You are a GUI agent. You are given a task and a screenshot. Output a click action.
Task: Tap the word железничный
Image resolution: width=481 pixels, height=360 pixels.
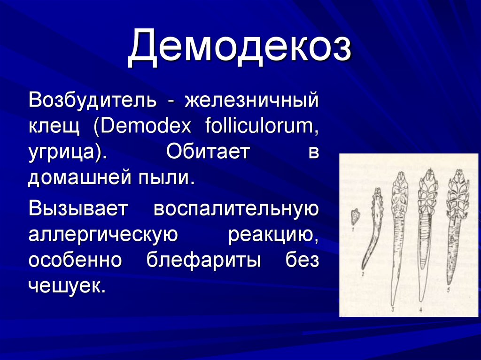pos(251,100)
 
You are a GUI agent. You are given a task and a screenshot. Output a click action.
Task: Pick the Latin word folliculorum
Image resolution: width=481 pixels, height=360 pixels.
pos(262,127)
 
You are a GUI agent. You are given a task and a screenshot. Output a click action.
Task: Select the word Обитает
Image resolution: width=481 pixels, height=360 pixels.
pos(207,153)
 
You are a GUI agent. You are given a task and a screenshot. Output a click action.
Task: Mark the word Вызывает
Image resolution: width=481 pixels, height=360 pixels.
pos(78,208)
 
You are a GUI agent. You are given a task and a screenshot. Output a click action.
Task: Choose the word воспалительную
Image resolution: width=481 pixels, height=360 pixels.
pos(236,208)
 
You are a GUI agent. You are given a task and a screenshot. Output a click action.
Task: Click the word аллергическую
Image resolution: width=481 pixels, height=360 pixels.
pos(103,234)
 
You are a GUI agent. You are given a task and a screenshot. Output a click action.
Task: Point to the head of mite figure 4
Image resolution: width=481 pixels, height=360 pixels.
pos(428,178)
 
